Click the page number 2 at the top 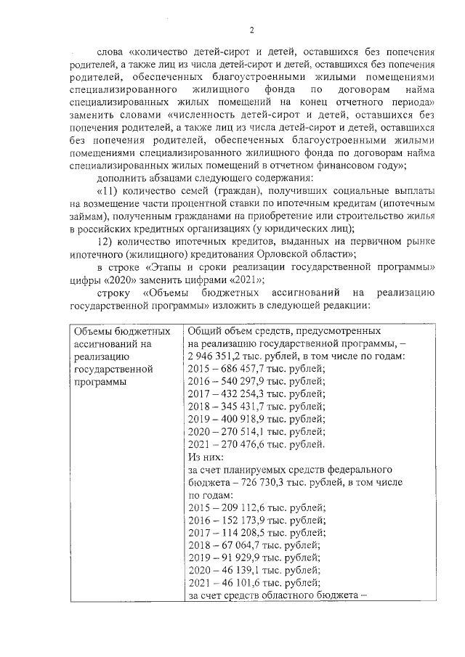coord(252,30)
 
